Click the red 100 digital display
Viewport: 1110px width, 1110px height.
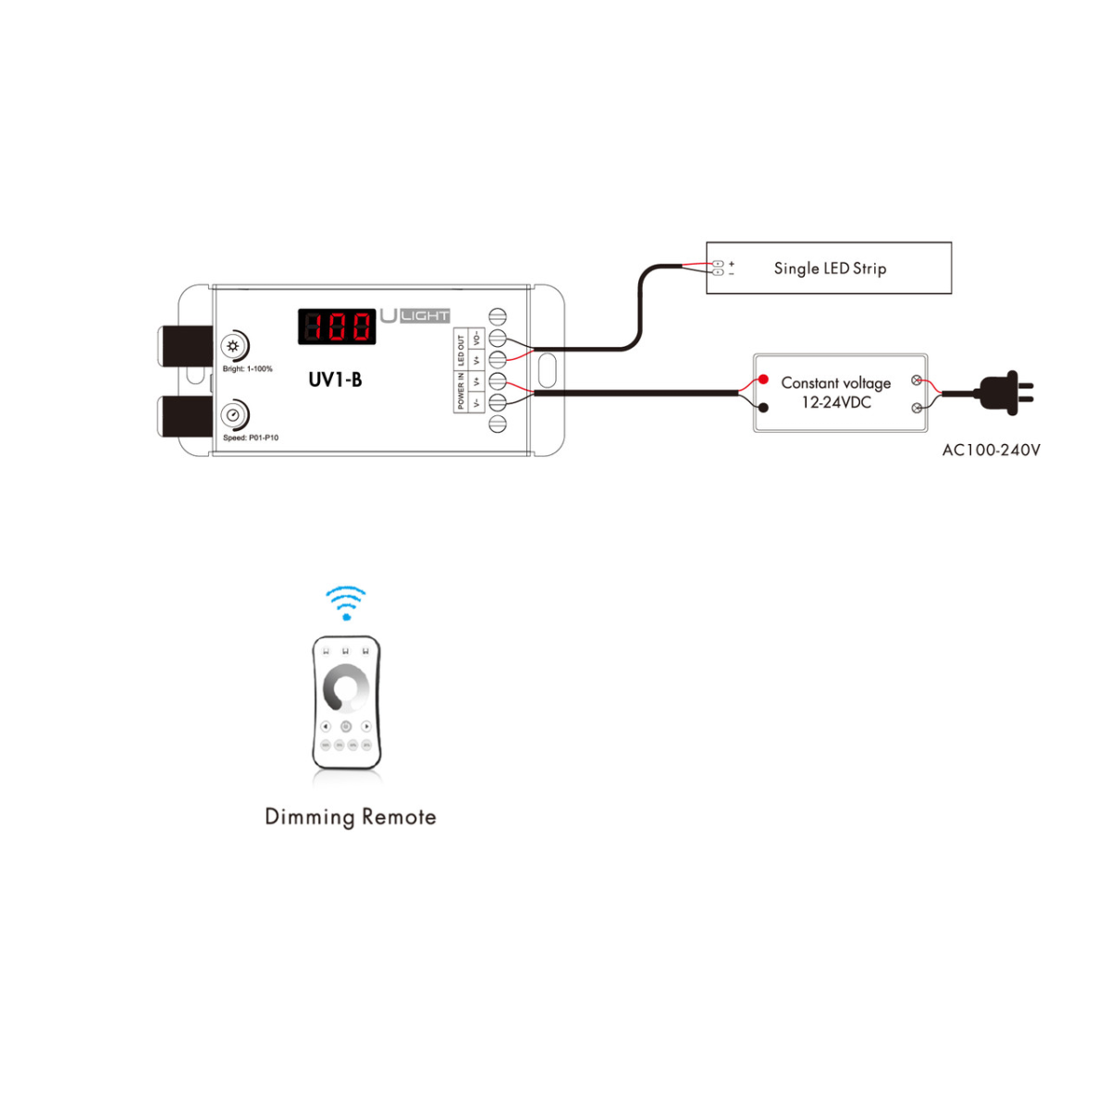pos(337,327)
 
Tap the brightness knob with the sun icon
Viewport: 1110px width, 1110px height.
pos(232,346)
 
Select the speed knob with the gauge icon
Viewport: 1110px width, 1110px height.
pos(233,414)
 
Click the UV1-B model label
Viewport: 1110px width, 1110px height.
pos(335,379)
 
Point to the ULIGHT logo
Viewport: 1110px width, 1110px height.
pos(415,315)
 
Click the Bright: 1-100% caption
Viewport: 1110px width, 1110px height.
pos(248,369)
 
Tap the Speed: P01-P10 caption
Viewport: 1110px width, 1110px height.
pos(251,438)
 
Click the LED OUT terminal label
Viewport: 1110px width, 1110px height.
pos(462,349)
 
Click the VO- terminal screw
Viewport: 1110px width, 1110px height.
pos(498,339)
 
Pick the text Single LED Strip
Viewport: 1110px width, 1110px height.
pos(830,268)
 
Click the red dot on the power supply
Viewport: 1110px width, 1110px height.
pos(763,379)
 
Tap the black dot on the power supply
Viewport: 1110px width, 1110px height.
pos(763,407)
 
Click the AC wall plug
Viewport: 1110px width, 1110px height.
pos(1005,392)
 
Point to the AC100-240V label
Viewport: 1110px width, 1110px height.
pos(991,450)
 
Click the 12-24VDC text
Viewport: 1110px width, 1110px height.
pos(836,402)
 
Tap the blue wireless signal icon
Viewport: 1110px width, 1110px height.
pos(346,601)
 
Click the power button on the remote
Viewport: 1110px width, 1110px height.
pos(346,727)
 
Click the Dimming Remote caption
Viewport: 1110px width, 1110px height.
pos(351,817)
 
